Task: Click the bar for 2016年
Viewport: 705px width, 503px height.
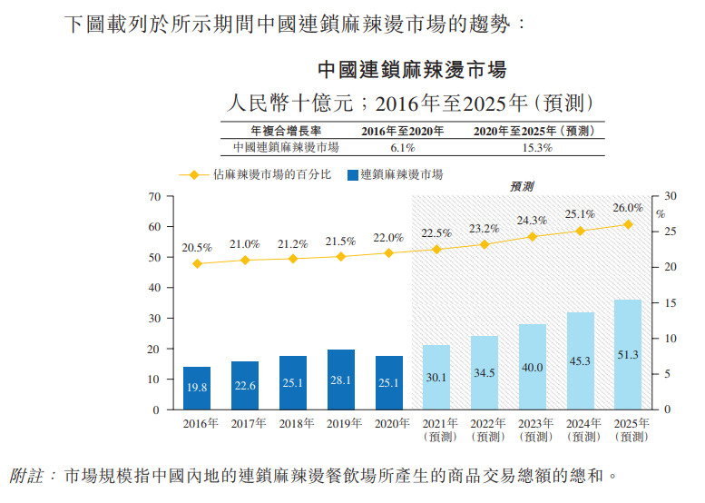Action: pyautogui.click(x=197, y=388)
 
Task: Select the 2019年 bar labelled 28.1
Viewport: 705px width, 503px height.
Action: pyautogui.click(x=341, y=380)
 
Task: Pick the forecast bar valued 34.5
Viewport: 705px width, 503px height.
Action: pyautogui.click(x=485, y=372)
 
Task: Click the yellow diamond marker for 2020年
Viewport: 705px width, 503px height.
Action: pyautogui.click(x=389, y=252)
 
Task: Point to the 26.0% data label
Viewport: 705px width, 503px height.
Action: pyautogui.click(x=627, y=208)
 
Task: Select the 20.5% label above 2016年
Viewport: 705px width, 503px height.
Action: pyautogui.click(x=197, y=247)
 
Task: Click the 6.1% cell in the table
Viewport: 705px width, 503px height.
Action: pyautogui.click(x=402, y=147)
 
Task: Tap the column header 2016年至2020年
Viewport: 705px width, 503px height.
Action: pyautogui.click(x=403, y=131)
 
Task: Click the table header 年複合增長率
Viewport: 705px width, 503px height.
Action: pyautogui.click(x=285, y=131)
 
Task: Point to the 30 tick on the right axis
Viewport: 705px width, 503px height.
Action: pyautogui.click(x=671, y=196)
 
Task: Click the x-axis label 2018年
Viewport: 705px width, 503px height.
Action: pyautogui.click(x=293, y=423)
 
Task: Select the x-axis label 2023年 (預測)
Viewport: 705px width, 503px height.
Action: pyautogui.click(x=533, y=429)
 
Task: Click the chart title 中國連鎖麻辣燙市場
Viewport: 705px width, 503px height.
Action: pyautogui.click(x=412, y=70)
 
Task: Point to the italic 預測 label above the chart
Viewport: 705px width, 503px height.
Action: pyautogui.click(x=522, y=186)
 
